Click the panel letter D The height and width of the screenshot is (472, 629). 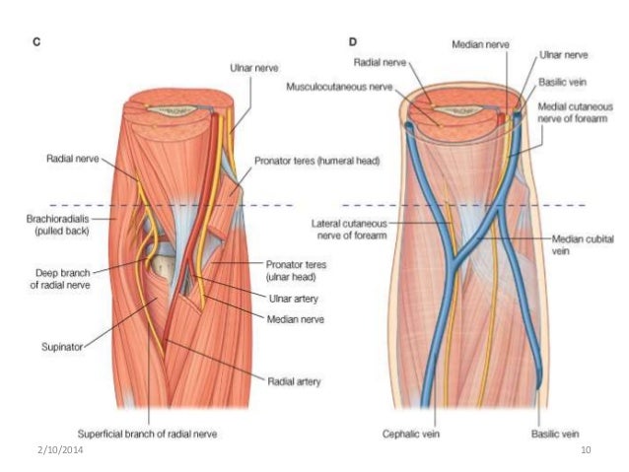click(354, 43)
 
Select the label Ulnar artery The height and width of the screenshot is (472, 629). click(291, 301)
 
